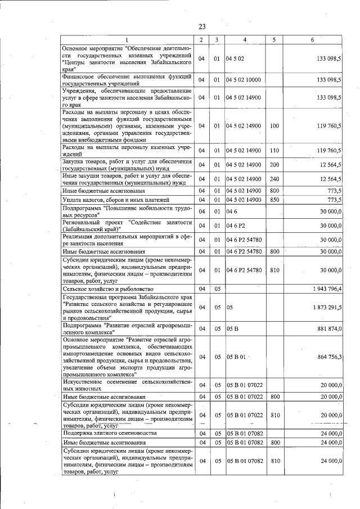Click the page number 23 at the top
click(202, 26)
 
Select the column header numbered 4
click(244, 39)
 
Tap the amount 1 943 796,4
click(327, 289)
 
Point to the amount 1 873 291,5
click(327, 308)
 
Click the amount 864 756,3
click(330, 357)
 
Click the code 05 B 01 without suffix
click(237, 357)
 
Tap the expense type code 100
click(274, 126)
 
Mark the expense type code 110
click(274, 150)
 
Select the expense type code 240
click(274, 178)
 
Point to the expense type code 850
click(274, 200)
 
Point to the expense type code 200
click(274, 164)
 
